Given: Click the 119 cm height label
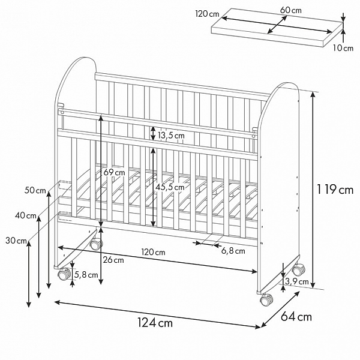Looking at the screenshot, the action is point(335,190).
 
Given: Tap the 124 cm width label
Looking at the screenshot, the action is point(155,322).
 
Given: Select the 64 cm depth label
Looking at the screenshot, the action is point(296,317).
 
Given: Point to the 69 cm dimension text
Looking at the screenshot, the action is point(114,172).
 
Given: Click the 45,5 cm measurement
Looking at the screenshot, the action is point(170,187).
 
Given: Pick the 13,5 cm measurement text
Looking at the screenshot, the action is point(171,136).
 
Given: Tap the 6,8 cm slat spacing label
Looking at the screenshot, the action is point(233,251).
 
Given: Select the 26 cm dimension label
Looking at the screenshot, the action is point(113,260).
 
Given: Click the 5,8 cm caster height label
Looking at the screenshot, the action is point(86,275).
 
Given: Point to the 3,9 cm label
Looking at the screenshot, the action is point(297,281).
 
